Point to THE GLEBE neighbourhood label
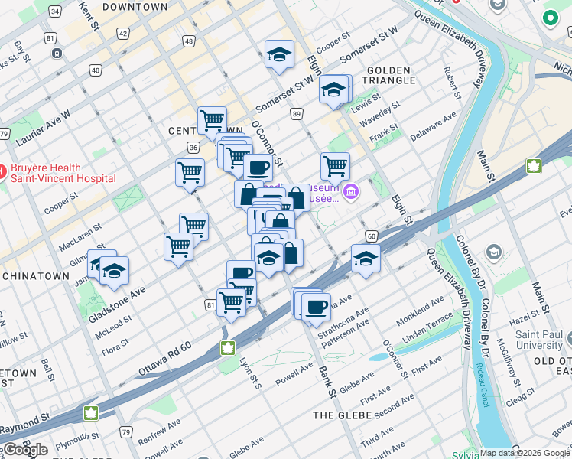[x=343, y=415]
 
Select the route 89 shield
[x=297, y=114]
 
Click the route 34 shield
[x=54, y=11]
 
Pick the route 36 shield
[x=193, y=148]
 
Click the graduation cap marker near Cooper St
[x=279, y=55]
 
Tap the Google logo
[x=25, y=450]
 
